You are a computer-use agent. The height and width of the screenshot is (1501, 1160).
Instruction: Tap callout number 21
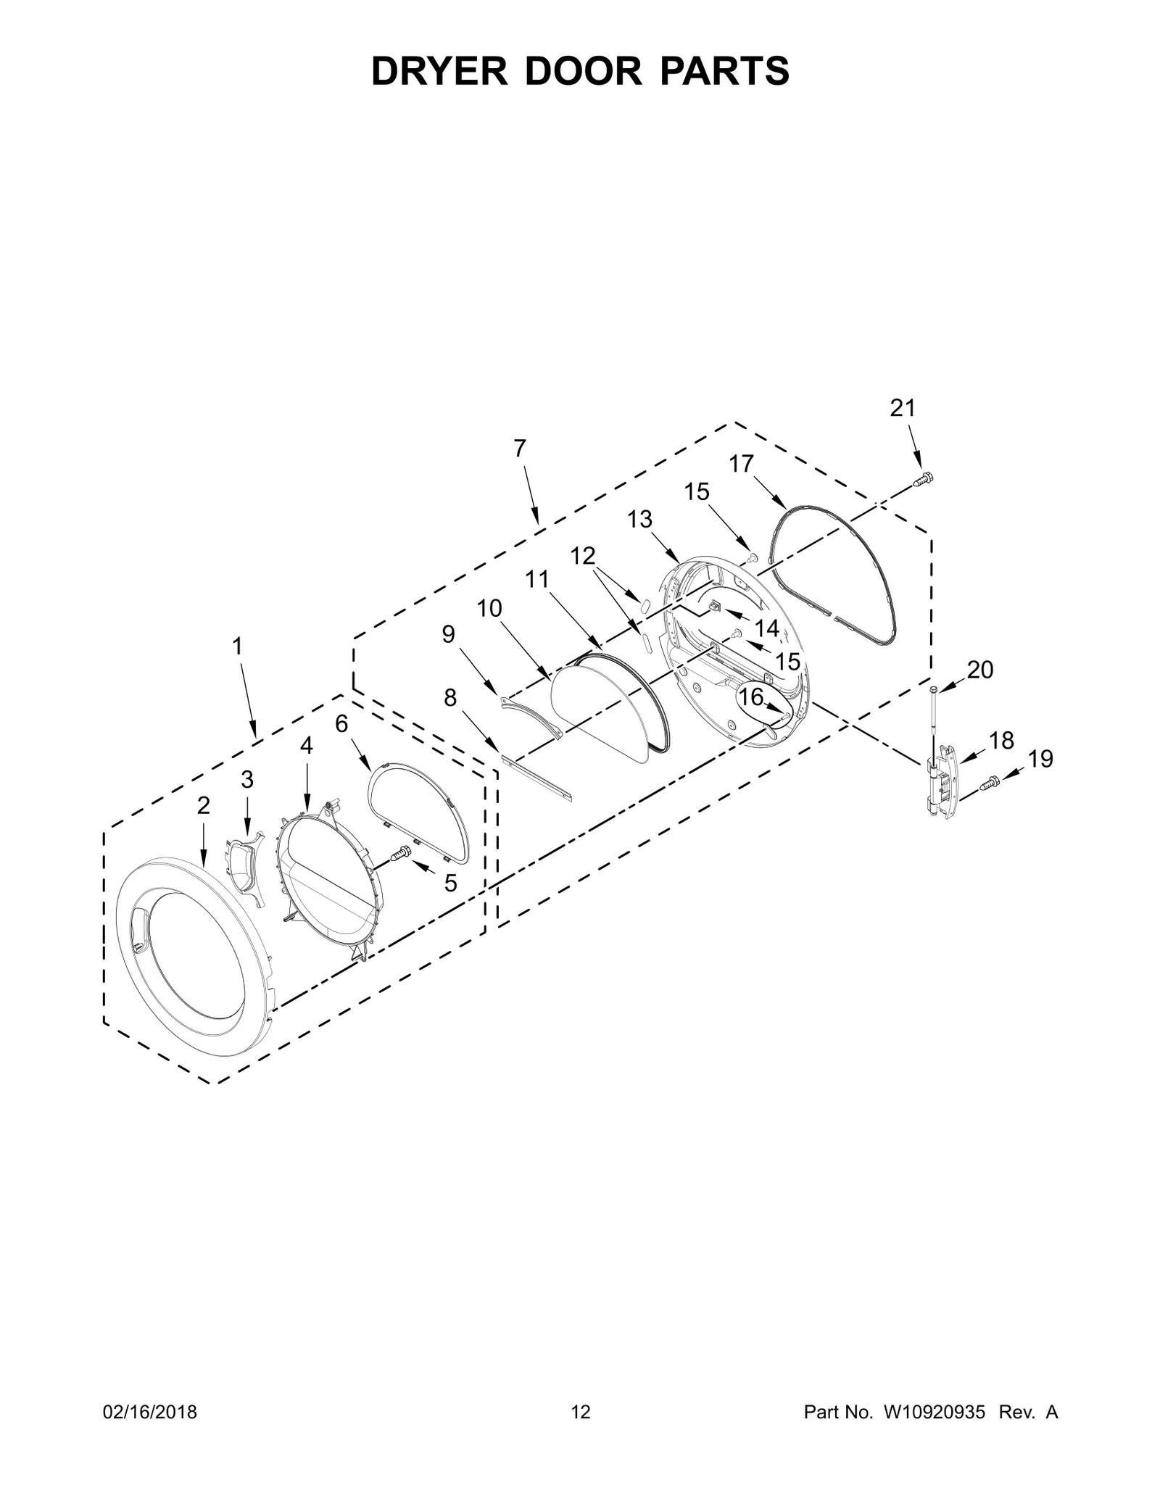tap(903, 409)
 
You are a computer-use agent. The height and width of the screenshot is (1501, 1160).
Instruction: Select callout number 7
tap(519, 449)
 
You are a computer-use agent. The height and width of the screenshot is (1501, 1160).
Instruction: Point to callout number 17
tap(742, 463)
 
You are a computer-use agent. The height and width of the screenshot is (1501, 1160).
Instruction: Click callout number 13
tap(639, 519)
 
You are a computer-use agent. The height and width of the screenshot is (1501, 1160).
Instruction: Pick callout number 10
tap(489, 608)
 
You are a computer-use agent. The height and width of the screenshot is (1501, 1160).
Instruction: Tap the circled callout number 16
tap(751, 697)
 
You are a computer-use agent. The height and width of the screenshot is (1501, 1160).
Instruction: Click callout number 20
tap(979, 670)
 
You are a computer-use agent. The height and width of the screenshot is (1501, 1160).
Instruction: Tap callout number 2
tap(203, 805)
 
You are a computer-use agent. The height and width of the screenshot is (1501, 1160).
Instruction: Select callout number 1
tap(237, 646)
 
